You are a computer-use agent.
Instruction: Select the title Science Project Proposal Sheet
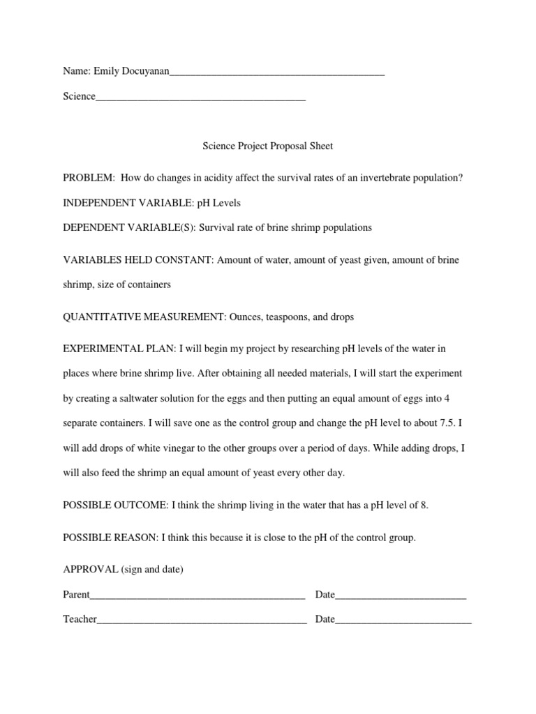click(x=268, y=146)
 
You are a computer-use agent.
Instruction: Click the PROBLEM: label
click(x=89, y=178)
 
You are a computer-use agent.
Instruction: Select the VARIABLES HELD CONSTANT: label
click(x=138, y=260)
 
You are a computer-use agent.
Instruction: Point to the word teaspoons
click(x=289, y=317)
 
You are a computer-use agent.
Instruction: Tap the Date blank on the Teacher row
click(x=403, y=620)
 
